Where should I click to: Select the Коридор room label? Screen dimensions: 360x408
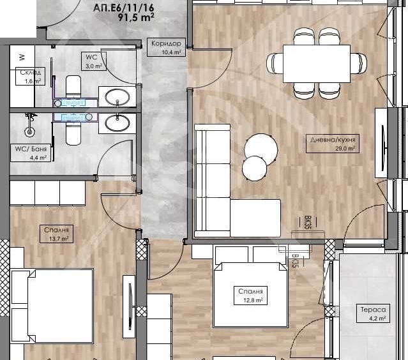coord(167,44)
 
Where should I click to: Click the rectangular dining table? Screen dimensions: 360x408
coord(316,63)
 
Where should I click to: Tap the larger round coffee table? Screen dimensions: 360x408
coord(261,147)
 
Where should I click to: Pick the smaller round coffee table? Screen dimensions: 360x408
coord(254,168)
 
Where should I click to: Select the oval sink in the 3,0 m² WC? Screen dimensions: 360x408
coord(117,97)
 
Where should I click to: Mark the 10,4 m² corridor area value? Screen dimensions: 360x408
coord(167,53)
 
